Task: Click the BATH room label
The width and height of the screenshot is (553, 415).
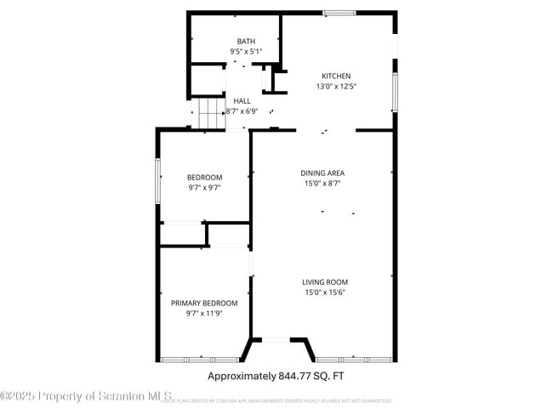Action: point(246,41)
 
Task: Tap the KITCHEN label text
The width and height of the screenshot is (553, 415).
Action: point(335,76)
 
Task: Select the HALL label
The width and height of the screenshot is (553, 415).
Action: point(242,100)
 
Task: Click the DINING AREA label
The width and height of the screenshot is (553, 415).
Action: point(324,173)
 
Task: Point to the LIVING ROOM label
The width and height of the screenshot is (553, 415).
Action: point(324,282)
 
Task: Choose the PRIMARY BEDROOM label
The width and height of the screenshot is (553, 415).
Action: point(204,303)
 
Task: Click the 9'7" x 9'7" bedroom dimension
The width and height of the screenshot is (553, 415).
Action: point(204,188)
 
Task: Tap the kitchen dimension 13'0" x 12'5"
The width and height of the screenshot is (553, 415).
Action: point(335,86)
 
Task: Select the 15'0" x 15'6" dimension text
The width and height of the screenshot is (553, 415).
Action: point(324,293)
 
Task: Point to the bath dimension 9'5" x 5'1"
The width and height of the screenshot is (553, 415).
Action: point(246,51)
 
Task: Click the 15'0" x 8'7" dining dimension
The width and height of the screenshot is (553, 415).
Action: point(324,183)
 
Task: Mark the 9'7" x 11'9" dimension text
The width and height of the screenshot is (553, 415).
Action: point(204,313)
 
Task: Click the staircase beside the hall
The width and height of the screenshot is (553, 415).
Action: point(208,114)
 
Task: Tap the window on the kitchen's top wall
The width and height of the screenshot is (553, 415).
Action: point(339,13)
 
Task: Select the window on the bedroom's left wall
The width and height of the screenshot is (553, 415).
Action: point(158,180)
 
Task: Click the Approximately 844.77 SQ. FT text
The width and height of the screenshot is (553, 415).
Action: point(276,375)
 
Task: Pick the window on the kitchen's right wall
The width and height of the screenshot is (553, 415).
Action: point(394,92)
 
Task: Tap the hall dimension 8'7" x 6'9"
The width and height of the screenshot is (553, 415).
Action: point(242,111)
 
